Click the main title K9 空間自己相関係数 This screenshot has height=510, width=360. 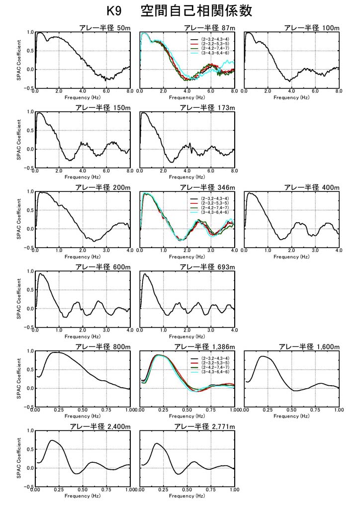[180, 11]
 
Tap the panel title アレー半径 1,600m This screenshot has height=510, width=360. [309, 346]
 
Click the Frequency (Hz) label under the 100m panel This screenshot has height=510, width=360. [291, 97]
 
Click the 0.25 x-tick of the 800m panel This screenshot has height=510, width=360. [59, 411]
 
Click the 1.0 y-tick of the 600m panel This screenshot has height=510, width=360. [30, 271]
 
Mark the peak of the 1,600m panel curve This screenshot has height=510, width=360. [264, 356]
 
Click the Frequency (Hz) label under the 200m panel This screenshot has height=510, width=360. [83, 257]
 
